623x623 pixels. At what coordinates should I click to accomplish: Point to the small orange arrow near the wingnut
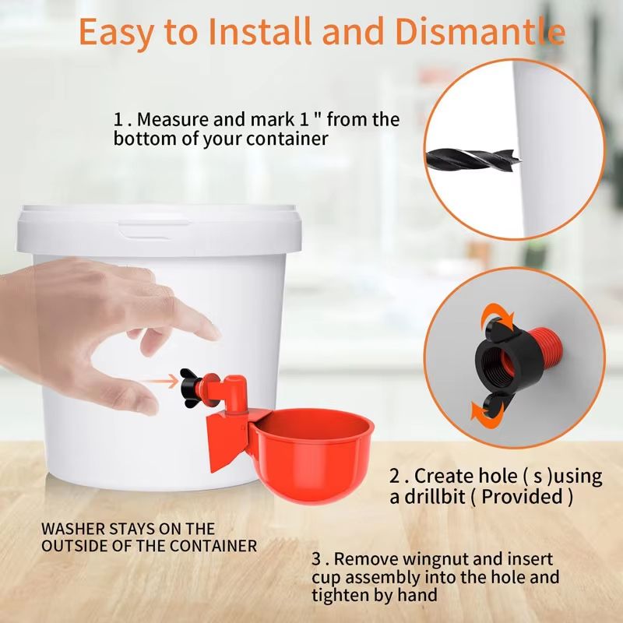159,382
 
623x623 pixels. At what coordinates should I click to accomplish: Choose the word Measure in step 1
174,120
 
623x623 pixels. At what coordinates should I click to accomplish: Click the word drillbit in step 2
444,495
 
